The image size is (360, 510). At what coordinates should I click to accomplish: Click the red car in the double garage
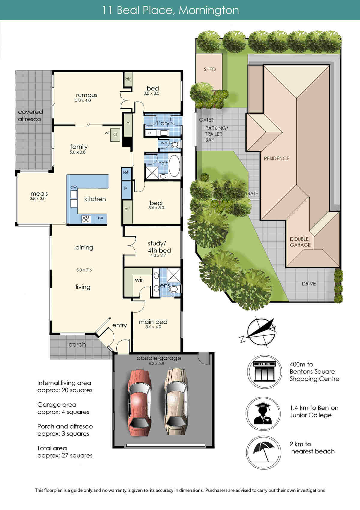coord(139,403)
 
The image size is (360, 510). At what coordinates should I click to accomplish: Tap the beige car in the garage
coord(176,402)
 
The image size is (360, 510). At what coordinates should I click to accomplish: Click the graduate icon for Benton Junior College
coord(263,414)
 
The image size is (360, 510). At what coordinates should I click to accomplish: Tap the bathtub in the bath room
coord(174,166)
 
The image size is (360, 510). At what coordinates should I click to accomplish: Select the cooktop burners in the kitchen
coord(86,219)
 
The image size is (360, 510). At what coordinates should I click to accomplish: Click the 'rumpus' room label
coord(87,95)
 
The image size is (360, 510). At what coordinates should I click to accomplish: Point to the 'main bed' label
coord(153,322)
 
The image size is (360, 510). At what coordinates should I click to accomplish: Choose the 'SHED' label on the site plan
coord(210,69)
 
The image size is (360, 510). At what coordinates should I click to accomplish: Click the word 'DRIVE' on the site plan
coord(309,284)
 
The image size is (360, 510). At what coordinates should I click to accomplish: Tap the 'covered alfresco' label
coord(30,116)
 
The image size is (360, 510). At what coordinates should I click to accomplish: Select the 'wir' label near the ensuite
coord(139,280)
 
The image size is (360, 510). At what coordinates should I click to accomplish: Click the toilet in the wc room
coord(175,145)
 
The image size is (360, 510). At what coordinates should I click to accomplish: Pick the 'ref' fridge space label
coord(125,172)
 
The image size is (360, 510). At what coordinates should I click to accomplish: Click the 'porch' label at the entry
coord(77,345)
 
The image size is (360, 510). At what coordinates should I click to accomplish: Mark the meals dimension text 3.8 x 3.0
coord(37,198)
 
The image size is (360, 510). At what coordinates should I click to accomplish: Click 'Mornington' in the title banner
coord(209,11)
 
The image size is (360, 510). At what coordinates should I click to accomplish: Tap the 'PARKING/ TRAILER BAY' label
coord(216,134)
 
